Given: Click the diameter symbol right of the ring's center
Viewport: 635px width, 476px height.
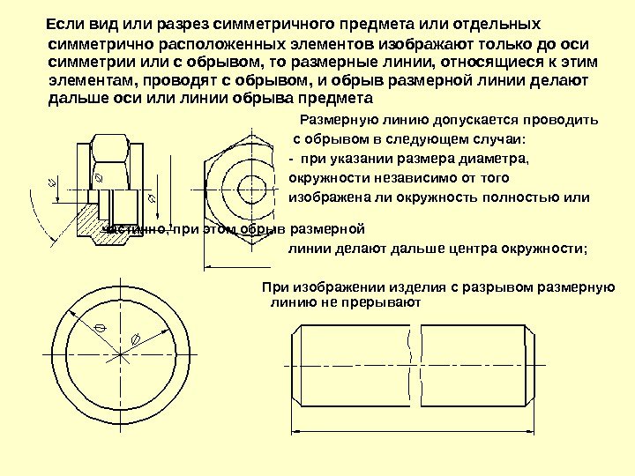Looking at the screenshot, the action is [x=136, y=340].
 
